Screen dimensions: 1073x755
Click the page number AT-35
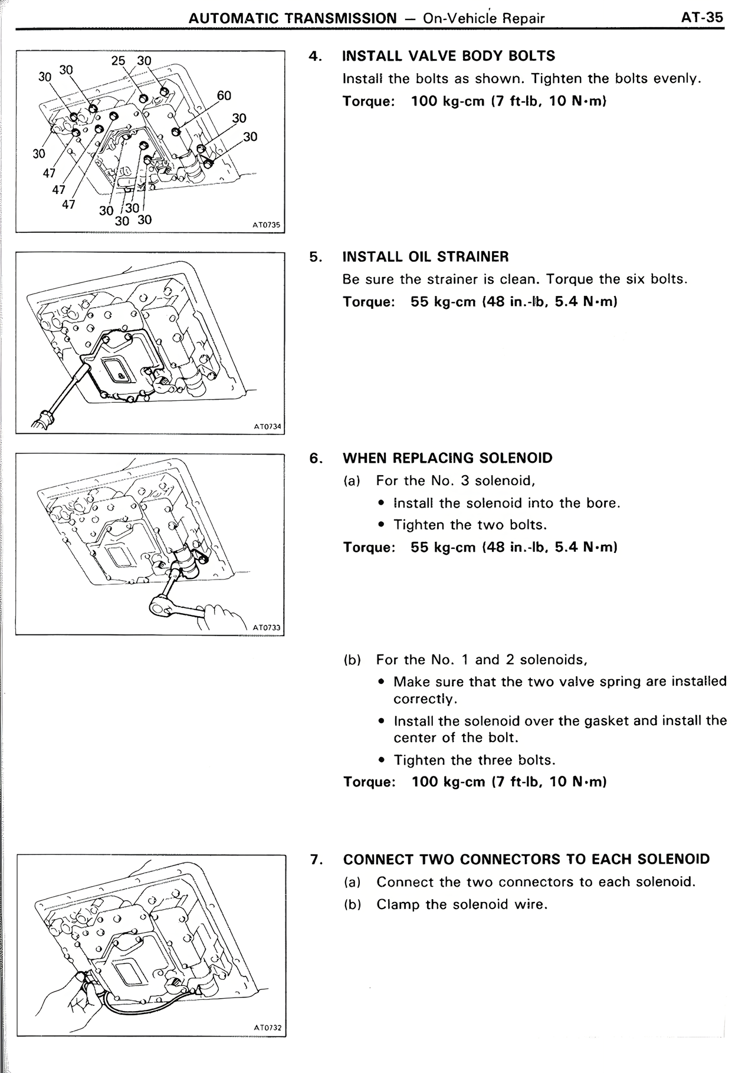click(701, 17)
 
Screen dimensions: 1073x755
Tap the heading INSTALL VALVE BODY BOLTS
click(448, 56)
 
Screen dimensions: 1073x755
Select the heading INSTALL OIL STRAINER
click(425, 256)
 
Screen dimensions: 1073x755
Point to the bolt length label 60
click(224, 96)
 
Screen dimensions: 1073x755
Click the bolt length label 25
click(119, 61)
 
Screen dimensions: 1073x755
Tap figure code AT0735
click(265, 225)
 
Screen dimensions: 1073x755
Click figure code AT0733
click(267, 627)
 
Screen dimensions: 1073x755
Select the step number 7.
click(316, 859)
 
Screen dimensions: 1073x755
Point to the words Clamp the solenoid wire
click(462, 904)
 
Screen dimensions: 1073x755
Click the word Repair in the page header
click(523, 18)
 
